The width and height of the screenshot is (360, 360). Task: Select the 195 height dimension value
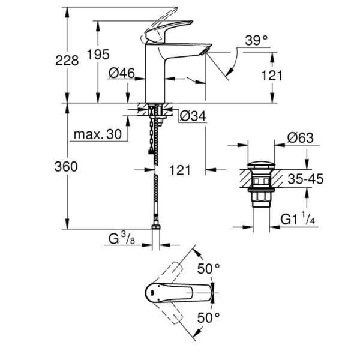coord(98,55)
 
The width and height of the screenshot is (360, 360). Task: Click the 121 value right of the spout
coord(272,75)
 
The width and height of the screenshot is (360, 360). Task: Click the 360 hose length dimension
coord(67,167)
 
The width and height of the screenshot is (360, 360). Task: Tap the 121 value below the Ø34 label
coord(179,170)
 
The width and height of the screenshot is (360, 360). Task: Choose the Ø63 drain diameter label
coord(300,137)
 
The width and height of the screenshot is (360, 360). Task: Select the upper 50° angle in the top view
coord(209,268)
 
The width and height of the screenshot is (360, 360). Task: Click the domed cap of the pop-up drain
coord(262,164)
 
